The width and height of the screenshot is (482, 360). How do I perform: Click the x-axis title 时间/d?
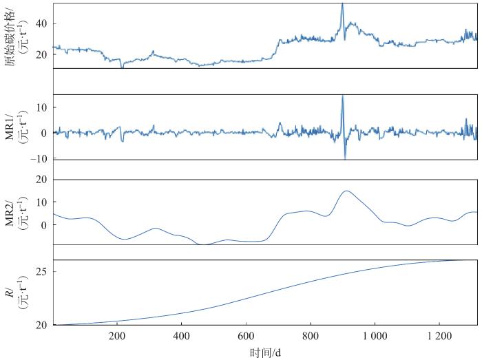click(x=265, y=352)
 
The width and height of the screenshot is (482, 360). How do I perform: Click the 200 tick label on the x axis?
click(x=117, y=337)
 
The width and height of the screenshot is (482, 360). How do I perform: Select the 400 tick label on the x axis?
click(x=182, y=337)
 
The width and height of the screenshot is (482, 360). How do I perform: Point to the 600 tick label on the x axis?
click(x=246, y=337)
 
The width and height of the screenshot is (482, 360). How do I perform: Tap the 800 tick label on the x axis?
click(x=311, y=337)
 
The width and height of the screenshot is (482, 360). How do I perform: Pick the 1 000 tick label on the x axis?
click(x=375, y=337)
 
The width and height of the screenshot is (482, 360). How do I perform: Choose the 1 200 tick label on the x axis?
click(x=439, y=337)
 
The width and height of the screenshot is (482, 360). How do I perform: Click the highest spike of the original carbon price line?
click(x=342, y=3)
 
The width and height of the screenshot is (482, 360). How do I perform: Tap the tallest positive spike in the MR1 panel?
click(x=342, y=96)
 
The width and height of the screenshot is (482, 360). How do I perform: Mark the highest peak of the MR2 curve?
click(x=346, y=191)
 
